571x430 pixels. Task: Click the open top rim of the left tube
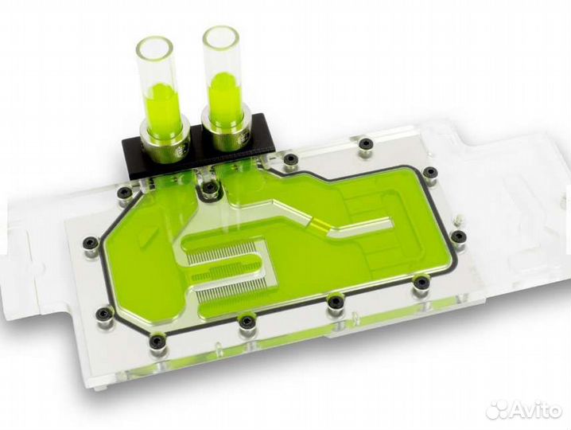tap(155, 41)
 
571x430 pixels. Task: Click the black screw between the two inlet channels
tap(209, 187)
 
